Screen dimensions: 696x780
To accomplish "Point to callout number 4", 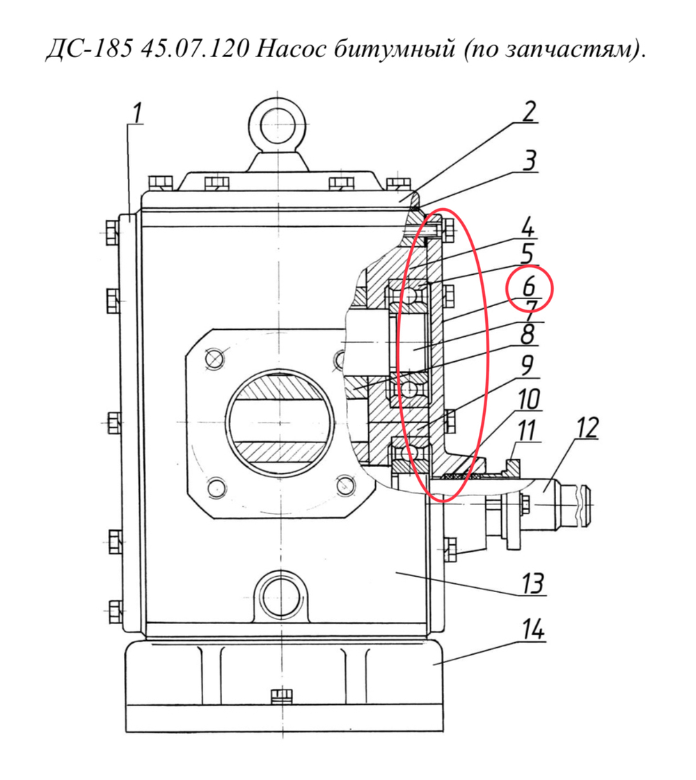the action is pos(528,226).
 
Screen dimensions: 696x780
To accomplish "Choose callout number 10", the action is pos(529,399).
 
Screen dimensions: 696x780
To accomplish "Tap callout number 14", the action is pos(533,629).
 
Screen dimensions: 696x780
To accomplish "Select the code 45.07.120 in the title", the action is pos(194,49).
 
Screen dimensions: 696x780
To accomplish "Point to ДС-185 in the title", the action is pos(90,49).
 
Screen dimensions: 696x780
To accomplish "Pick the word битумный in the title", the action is pos(393,49).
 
